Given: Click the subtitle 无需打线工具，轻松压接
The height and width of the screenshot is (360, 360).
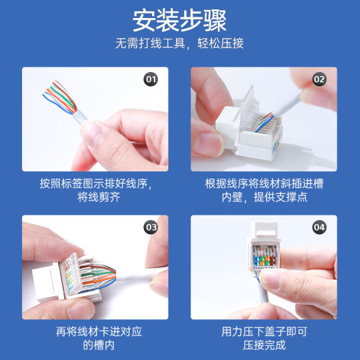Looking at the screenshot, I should [179, 44].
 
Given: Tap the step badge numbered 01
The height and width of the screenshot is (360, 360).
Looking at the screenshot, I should [151, 79].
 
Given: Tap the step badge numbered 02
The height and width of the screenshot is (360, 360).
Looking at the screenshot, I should [319, 79].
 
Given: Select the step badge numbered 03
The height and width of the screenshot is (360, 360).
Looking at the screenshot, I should [151, 227].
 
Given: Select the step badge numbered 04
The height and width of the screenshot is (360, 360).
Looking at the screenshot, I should [319, 227].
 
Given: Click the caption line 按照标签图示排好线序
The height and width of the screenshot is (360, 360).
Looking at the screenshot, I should [95, 183].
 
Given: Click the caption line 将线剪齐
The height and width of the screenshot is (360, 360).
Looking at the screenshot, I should [95, 197].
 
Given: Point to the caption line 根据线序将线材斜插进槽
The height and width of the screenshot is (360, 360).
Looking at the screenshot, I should [263, 183].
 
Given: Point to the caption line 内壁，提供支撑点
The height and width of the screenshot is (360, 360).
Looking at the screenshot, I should [263, 197].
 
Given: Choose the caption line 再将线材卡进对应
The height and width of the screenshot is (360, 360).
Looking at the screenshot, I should [95, 331].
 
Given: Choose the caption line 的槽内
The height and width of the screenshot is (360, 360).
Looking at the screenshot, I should [95, 345].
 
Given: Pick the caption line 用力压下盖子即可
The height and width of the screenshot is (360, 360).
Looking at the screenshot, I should [263, 331].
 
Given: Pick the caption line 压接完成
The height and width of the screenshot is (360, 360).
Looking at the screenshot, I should [263, 345].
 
